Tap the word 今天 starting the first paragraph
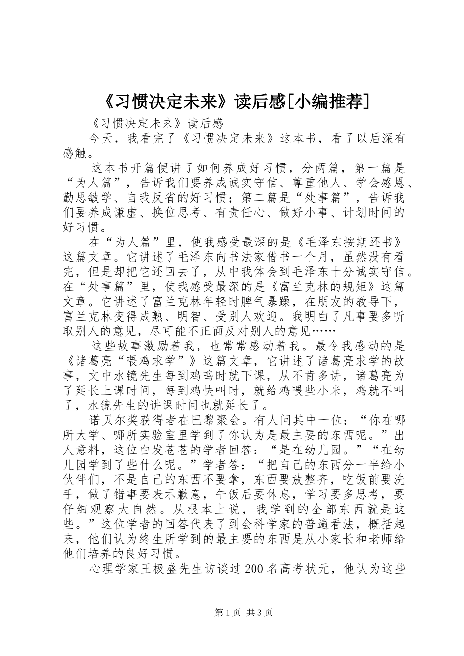(x=102, y=139)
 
